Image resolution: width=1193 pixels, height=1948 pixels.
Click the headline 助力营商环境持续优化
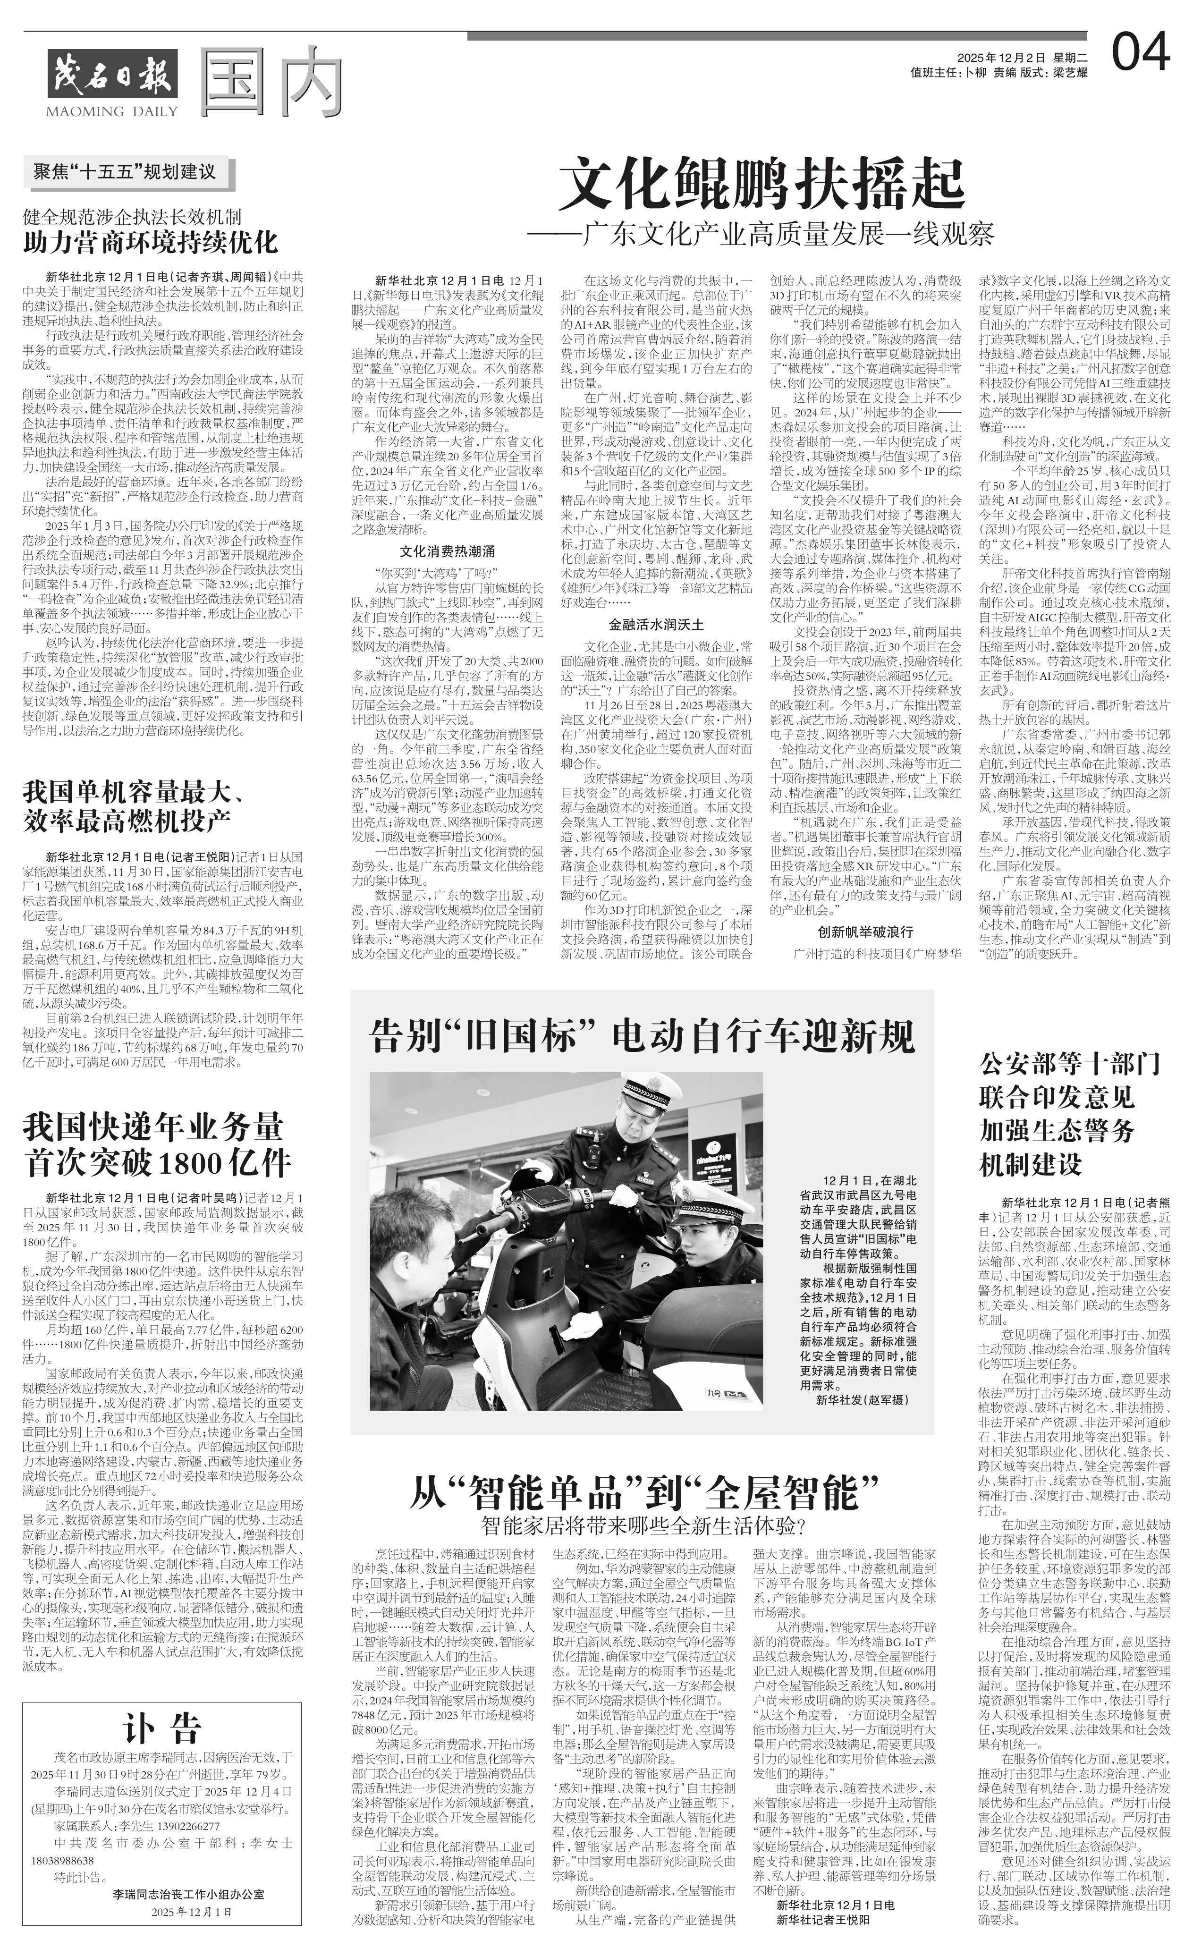(150, 242)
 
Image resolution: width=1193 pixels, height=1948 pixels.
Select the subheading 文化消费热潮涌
(448, 551)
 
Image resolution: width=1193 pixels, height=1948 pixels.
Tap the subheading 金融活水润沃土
(656, 624)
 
